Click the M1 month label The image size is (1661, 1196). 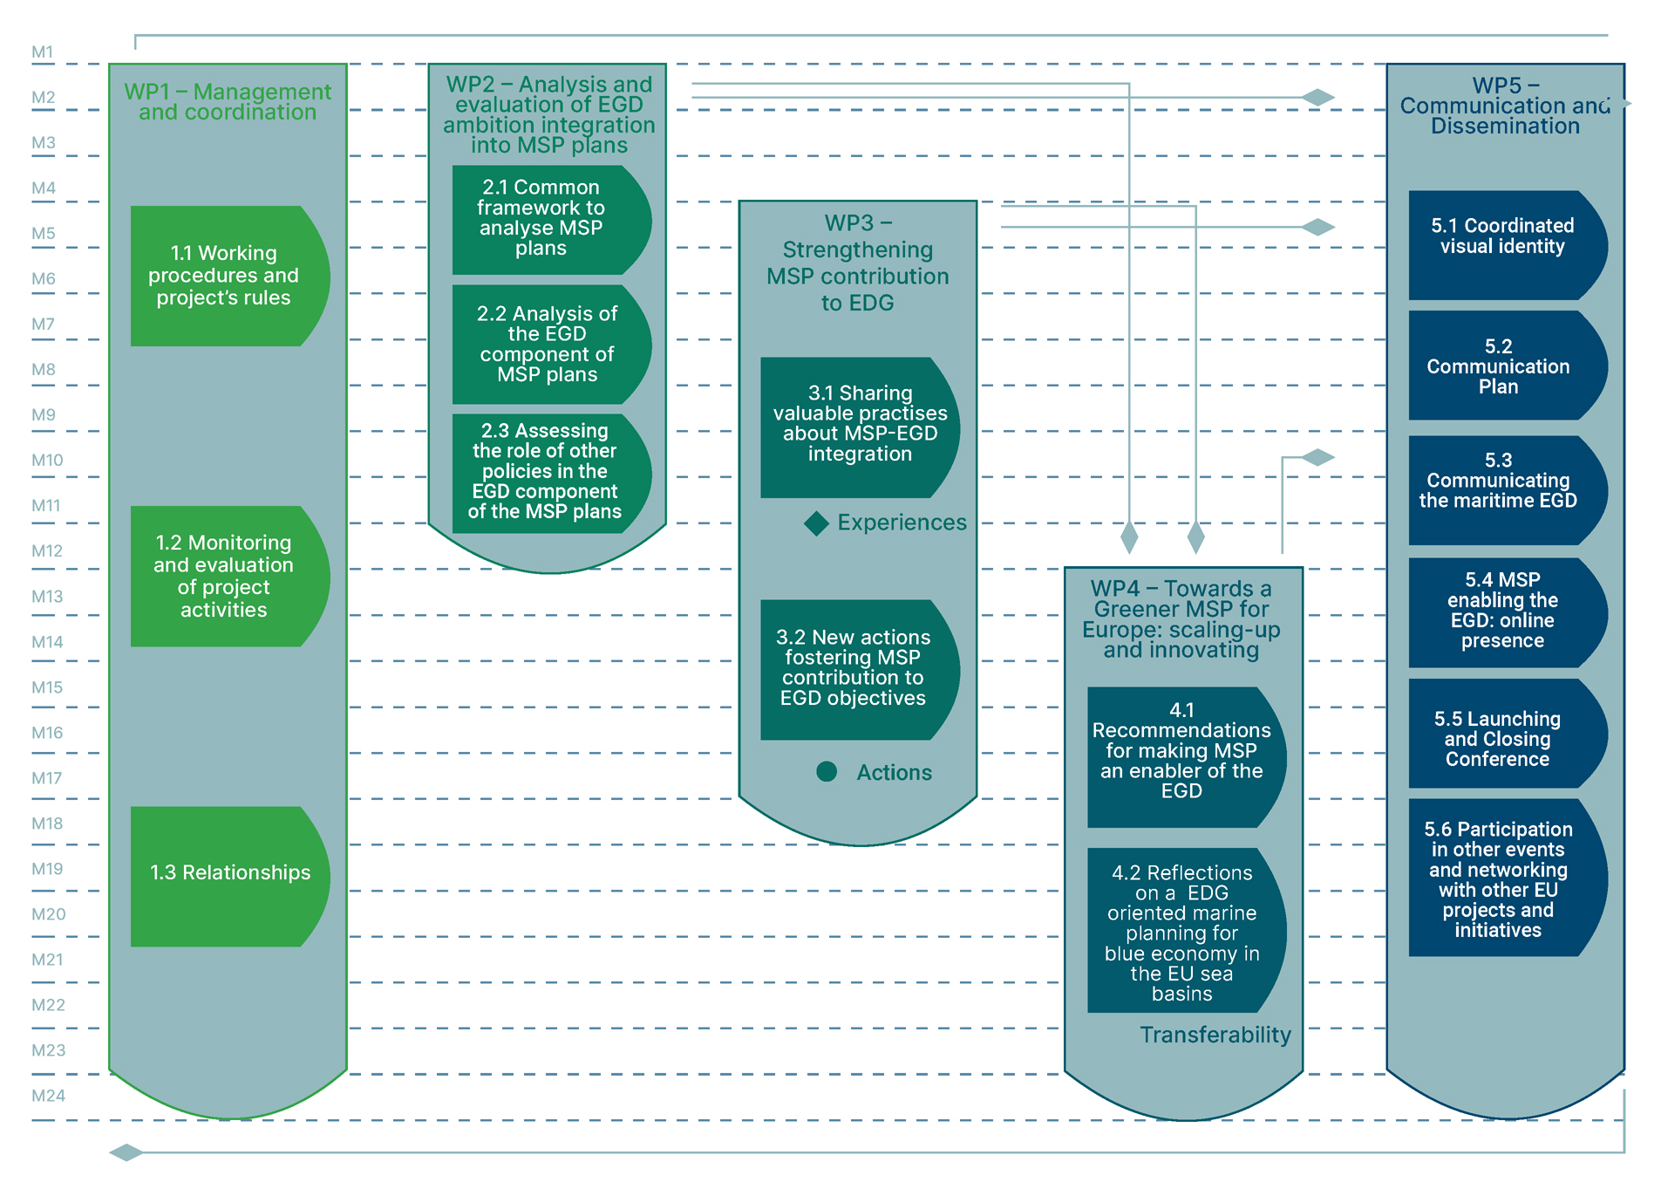(42, 52)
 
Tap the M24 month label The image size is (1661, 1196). (48, 1096)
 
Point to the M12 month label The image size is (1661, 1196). (47, 551)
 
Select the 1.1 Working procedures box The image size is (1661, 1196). (224, 276)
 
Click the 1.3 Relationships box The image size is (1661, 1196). (229, 873)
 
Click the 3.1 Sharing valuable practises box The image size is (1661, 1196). (859, 425)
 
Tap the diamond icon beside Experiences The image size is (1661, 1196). (816, 523)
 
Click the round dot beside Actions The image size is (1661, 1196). (827, 771)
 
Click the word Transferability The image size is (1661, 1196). (1215, 1035)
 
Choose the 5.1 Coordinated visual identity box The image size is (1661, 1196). (1501, 237)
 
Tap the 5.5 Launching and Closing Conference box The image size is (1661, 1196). (1497, 739)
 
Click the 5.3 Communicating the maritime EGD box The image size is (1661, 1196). (1498, 482)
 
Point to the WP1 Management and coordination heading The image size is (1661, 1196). (228, 102)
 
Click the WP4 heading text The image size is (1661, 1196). (1181, 619)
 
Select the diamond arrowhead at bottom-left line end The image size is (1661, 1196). (126, 1152)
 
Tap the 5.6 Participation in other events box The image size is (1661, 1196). (1498, 879)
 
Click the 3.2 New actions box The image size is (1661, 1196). (854, 668)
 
